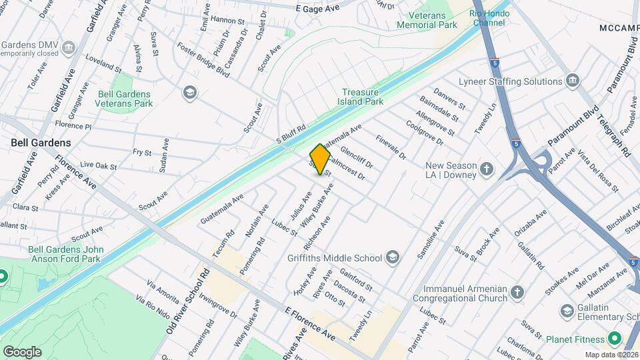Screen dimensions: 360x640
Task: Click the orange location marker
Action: point(321,159)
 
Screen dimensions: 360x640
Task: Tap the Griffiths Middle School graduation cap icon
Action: point(393,258)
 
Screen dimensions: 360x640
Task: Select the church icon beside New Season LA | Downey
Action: point(487,169)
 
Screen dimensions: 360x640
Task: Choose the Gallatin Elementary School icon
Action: point(567,311)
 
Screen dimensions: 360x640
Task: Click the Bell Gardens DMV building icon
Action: point(70,48)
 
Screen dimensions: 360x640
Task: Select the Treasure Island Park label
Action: point(363,97)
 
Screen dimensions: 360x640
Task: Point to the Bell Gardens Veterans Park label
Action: point(125,99)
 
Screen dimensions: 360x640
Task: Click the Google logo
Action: point(21,351)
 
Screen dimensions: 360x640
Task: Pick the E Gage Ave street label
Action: point(317,8)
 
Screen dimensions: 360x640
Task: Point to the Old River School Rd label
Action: point(189,301)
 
